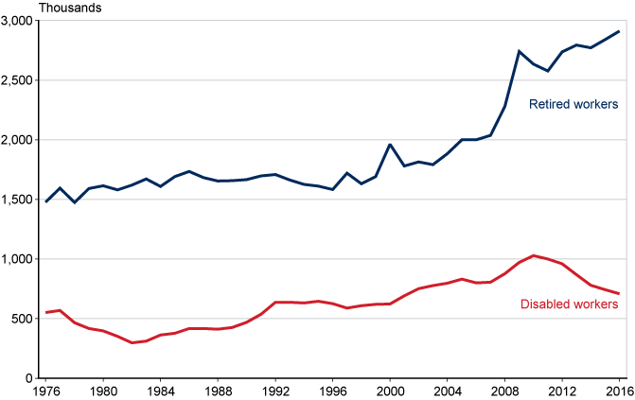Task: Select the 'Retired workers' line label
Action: click(573, 103)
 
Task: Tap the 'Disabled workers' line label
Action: click(570, 304)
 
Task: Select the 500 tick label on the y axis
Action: click(22, 319)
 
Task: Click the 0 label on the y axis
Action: click(29, 378)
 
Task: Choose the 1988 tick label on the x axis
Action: click(218, 391)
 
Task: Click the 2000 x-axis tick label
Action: click(390, 391)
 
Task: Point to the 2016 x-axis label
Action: click(619, 391)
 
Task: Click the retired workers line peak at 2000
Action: click(390, 145)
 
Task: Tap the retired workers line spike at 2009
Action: click(519, 51)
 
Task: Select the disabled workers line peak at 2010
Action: click(534, 255)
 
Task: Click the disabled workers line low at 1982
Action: click(132, 342)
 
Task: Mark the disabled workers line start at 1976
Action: click(45, 312)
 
